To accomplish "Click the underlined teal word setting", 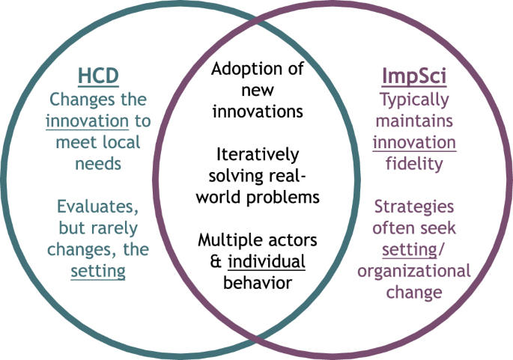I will [x=97, y=270].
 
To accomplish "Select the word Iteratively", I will [x=257, y=155].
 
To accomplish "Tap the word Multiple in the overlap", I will [x=228, y=241].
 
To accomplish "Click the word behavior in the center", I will [x=257, y=283].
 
